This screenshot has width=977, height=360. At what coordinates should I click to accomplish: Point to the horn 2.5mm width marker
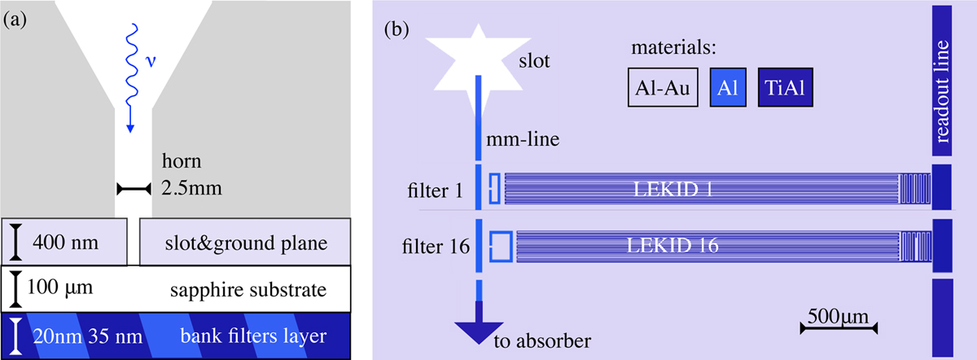coord(133,189)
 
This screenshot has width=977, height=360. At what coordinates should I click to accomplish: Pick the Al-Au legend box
coord(663,88)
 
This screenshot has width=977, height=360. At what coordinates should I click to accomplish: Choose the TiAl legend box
coord(786,88)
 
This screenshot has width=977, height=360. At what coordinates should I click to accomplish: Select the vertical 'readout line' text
coord(944,90)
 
